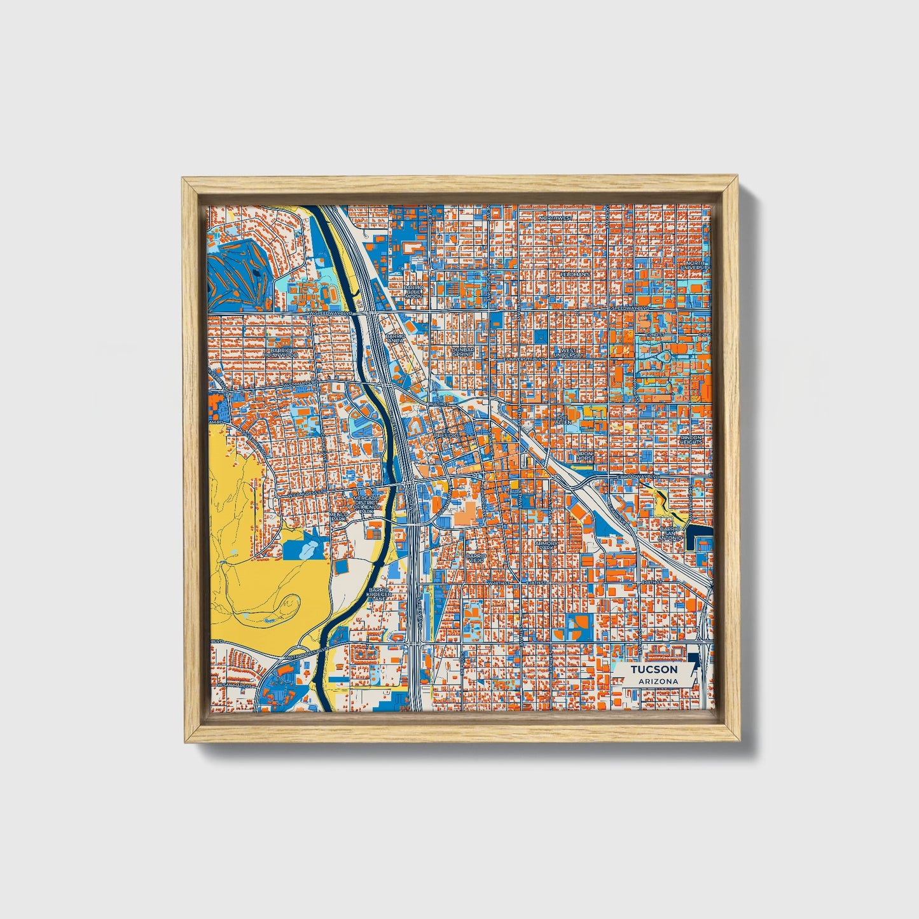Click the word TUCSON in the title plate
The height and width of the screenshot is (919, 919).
(x=654, y=670)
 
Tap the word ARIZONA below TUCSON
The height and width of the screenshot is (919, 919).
(x=654, y=682)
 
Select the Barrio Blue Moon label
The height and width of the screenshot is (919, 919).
(x=413, y=292)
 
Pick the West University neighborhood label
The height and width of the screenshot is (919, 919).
(x=567, y=352)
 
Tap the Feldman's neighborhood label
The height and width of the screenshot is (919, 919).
(x=576, y=274)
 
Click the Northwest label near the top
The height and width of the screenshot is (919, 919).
(x=555, y=218)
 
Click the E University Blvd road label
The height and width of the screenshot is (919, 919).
(x=525, y=359)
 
